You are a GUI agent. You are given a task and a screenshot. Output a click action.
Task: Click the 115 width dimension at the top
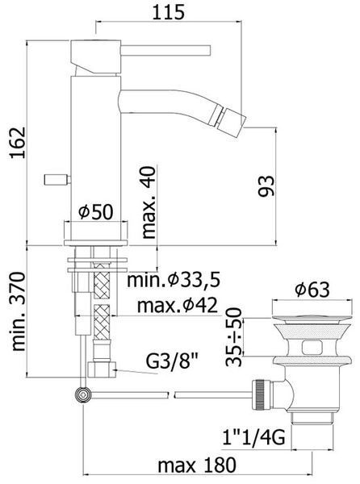pos(169,12)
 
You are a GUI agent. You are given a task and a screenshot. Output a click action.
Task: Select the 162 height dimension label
pos(18,143)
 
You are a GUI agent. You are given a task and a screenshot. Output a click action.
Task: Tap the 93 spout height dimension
pos(266,186)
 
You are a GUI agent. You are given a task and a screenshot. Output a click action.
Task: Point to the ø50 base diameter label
pos(96,211)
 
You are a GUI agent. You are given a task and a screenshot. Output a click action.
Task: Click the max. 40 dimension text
pos(149,202)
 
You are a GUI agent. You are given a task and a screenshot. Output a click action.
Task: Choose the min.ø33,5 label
pos(174,280)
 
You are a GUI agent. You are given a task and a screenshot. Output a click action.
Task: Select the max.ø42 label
pos(178,306)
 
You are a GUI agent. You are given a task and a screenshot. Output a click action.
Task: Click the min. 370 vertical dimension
pos(18,311)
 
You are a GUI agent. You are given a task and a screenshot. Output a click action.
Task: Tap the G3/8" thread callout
pos(172,361)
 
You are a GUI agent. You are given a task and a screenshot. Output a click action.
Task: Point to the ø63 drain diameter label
pos(312,290)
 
